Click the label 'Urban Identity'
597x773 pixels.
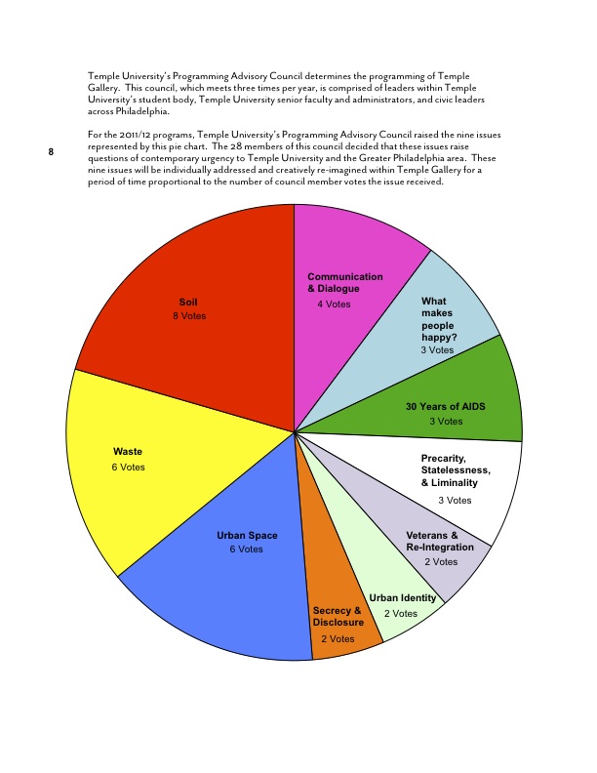coord(403,598)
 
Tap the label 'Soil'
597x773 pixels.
coord(188,302)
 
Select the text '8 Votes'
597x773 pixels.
coord(189,316)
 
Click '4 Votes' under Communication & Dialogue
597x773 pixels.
coord(334,305)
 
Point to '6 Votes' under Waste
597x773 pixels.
coord(128,468)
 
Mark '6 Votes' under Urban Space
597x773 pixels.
coord(246,549)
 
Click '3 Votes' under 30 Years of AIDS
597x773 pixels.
coord(446,422)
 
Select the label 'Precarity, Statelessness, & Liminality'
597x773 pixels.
coord(456,470)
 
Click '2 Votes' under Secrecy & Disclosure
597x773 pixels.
coord(338,638)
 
